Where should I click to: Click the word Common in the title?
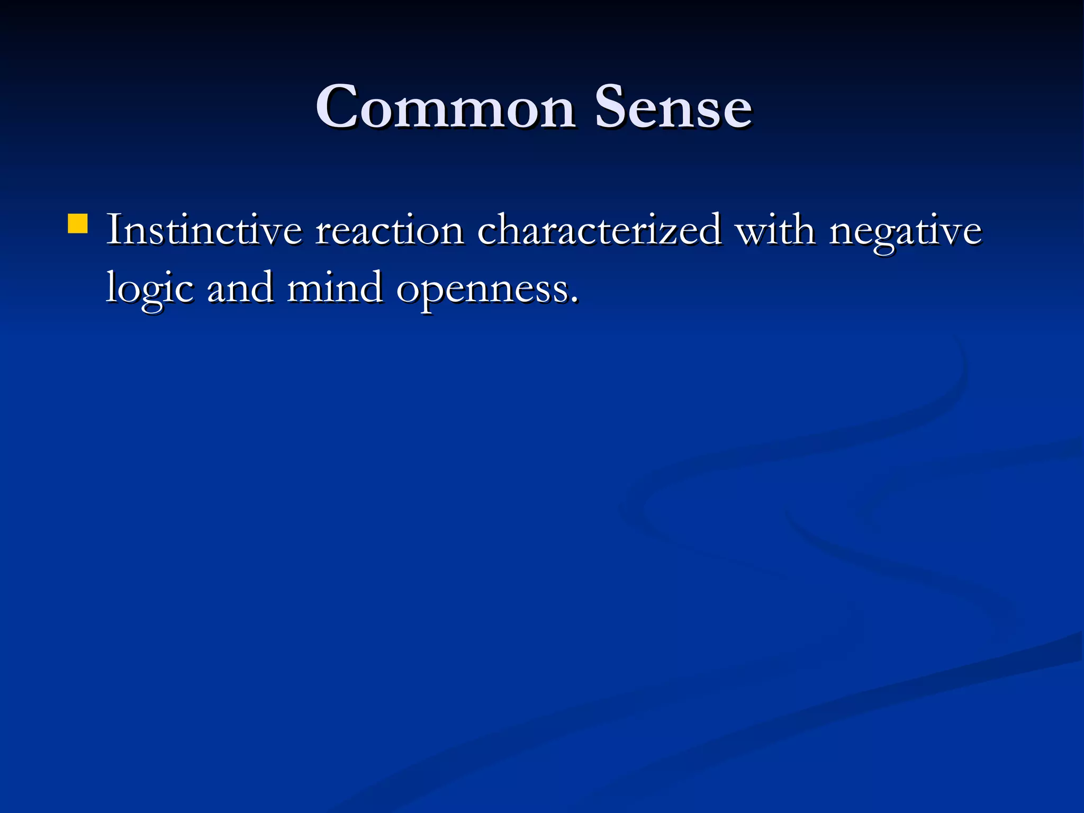pos(446,107)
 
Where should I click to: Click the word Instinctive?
pos(204,231)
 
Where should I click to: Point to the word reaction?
pos(390,231)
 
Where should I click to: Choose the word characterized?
pos(599,231)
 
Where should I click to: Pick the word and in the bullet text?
pos(240,289)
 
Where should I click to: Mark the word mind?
pos(335,289)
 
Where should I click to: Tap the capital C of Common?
pos(337,107)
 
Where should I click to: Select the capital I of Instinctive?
pos(114,231)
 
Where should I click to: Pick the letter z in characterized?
pos(677,233)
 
